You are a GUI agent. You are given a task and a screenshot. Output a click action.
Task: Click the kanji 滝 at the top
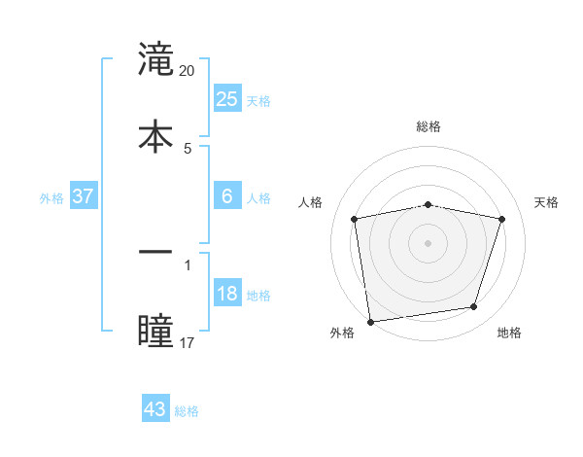pos(156,59)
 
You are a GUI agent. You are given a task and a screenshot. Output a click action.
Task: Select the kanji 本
pos(156,135)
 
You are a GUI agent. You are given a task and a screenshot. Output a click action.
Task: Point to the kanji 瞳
pos(156,329)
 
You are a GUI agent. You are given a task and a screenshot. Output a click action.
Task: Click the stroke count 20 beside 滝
pos(188,71)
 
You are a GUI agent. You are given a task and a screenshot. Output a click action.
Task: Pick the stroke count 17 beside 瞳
pos(188,342)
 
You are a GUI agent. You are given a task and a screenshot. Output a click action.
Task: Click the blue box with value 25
pos(226,98)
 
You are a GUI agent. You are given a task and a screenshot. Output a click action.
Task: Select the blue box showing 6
pos(226,196)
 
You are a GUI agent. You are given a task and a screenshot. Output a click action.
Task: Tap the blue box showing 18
pos(226,294)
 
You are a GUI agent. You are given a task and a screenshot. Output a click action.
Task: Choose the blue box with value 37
pos(83,196)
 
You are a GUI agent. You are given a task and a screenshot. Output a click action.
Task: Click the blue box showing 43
pos(155,409)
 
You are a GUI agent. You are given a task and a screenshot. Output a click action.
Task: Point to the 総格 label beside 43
pos(187,411)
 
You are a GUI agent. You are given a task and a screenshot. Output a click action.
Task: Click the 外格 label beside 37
pos(51,198)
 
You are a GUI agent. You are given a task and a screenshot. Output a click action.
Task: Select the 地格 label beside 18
pos(258,296)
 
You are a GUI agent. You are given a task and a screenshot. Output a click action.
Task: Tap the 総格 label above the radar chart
pos(429,126)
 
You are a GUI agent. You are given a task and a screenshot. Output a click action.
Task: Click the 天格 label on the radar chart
pos(546,202)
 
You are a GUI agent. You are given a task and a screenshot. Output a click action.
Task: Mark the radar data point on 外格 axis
pos(370,321)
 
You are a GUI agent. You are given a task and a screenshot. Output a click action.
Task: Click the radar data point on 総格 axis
pos(429,204)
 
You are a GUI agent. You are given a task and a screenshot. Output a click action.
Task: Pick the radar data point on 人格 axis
pos(355,219)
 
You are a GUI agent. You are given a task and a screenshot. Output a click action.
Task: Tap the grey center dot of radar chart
pos(429,242)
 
